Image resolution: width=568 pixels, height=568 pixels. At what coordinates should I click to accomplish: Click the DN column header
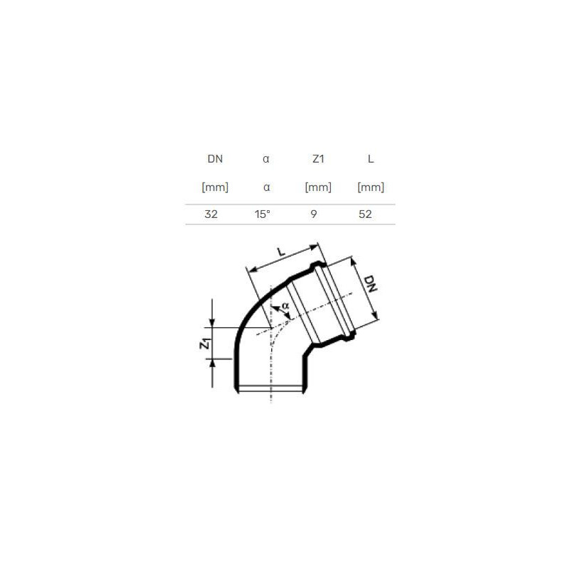click(x=215, y=159)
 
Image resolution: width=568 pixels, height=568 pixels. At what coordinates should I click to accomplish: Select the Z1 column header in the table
click(x=318, y=159)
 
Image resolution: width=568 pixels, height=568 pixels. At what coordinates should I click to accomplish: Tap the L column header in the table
click(x=371, y=159)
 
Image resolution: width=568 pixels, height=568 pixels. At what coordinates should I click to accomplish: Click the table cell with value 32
click(x=211, y=214)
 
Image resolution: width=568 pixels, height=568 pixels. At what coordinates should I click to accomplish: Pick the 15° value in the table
click(x=262, y=214)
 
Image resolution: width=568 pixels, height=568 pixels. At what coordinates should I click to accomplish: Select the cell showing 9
click(x=314, y=214)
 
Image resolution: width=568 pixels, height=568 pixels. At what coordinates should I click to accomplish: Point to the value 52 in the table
click(x=365, y=214)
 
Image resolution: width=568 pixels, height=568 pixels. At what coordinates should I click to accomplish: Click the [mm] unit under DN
click(x=215, y=187)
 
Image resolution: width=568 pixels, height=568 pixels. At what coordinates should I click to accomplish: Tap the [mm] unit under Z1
click(x=318, y=187)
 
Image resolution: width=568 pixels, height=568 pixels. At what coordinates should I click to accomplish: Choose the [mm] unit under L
click(x=371, y=187)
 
